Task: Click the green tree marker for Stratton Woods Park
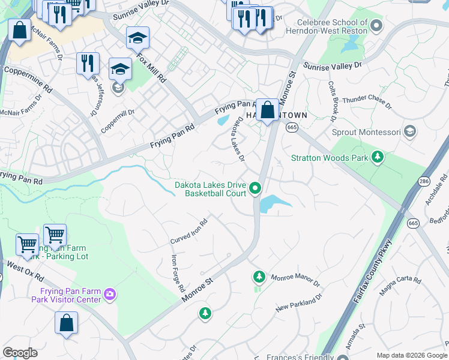[378, 158]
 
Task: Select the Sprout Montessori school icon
[410, 131]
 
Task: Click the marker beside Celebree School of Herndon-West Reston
[376, 25]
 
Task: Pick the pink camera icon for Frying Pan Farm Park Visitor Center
[110, 294]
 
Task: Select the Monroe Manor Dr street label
[295, 280]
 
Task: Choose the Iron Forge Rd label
[178, 273]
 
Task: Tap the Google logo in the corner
[20, 353]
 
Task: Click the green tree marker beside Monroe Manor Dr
[259, 277]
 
